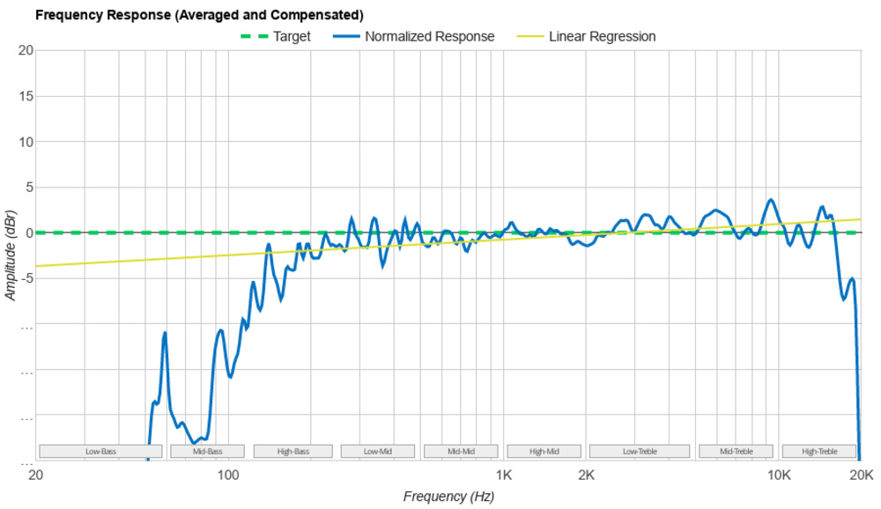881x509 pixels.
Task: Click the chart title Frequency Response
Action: point(198,15)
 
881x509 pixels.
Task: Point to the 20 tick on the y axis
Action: point(26,50)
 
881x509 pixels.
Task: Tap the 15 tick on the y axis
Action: point(26,96)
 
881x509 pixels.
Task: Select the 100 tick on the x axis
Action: point(228,475)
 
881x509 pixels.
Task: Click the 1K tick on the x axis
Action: point(504,475)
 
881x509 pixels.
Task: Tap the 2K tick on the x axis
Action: point(587,475)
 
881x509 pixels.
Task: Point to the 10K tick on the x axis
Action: point(779,475)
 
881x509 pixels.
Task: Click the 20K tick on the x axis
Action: point(861,475)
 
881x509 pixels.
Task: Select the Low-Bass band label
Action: point(100,452)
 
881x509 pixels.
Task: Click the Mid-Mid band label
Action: point(461,452)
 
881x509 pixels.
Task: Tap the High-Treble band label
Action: point(819,452)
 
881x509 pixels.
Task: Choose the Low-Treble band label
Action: point(640,452)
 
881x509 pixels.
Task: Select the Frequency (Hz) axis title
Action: point(448,497)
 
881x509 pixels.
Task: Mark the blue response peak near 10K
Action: point(772,200)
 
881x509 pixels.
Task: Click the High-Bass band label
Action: point(292,452)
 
